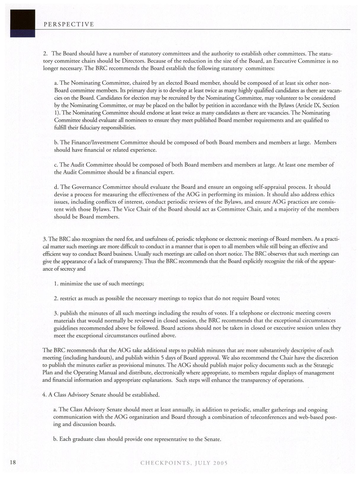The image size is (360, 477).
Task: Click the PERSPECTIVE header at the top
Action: [69, 25]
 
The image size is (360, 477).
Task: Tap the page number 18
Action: [12, 462]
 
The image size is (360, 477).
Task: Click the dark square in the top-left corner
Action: [23, 23]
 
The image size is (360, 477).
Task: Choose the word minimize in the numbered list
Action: [71, 284]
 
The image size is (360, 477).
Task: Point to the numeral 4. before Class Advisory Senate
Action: [44, 395]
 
